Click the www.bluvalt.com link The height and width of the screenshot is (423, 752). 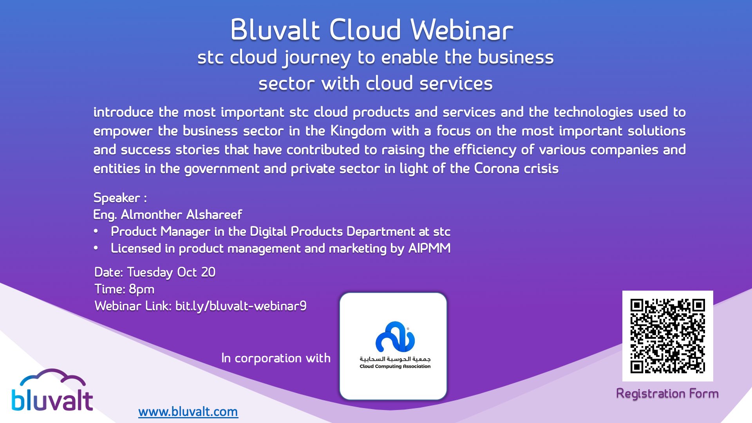pyautogui.click(x=188, y=412)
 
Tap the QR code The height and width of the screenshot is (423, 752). pyautogui.click(x=667, y=336)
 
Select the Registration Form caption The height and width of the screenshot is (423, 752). pyautogui.click(x=667, y=393)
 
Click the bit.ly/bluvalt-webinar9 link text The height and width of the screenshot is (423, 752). pyautogui.click(x=240, y=306)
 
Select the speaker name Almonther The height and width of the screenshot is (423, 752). pyautogui.click(x=151, y=215)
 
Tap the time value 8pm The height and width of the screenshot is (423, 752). pyautogui.click(x=141, y=289)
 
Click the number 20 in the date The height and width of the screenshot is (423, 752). pyautogui.click(x=208, y=272)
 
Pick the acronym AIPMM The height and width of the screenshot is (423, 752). pyautogui.click(x=429, y=248)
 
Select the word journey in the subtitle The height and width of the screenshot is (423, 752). pyautogui.click(x=317, y=58)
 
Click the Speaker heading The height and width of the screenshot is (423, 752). pyautogui.click(x=117, y=198)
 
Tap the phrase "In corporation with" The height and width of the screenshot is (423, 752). pyautogui.click(x=276, y=358)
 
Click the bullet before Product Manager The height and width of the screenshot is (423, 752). pyautogui.click(x=96, y=231)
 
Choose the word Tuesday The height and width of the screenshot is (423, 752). pyautogui.click(x=150, y=272)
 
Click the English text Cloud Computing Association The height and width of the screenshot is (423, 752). pyautogui.click(x=395, y=367)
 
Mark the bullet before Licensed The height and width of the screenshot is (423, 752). pyautogui.click(x=96, y=248)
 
